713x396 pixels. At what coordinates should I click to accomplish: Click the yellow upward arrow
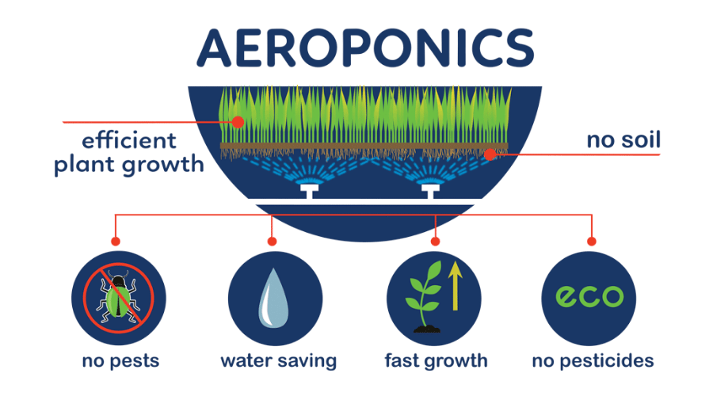456,287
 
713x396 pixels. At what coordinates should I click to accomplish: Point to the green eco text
589,296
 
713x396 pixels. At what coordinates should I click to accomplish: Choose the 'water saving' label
278,361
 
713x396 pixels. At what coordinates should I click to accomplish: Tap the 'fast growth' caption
436,361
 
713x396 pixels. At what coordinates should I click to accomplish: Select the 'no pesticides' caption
593,361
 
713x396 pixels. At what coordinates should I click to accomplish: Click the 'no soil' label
623,140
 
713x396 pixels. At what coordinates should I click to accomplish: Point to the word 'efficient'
129,141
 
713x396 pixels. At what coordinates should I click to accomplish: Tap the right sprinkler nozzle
430,190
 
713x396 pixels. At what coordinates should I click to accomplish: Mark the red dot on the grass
238,122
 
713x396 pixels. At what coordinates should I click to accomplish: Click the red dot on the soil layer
490,154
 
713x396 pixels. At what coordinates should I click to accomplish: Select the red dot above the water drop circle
273,241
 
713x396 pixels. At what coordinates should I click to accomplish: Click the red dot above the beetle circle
116,241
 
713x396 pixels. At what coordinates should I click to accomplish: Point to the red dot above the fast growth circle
436,241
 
